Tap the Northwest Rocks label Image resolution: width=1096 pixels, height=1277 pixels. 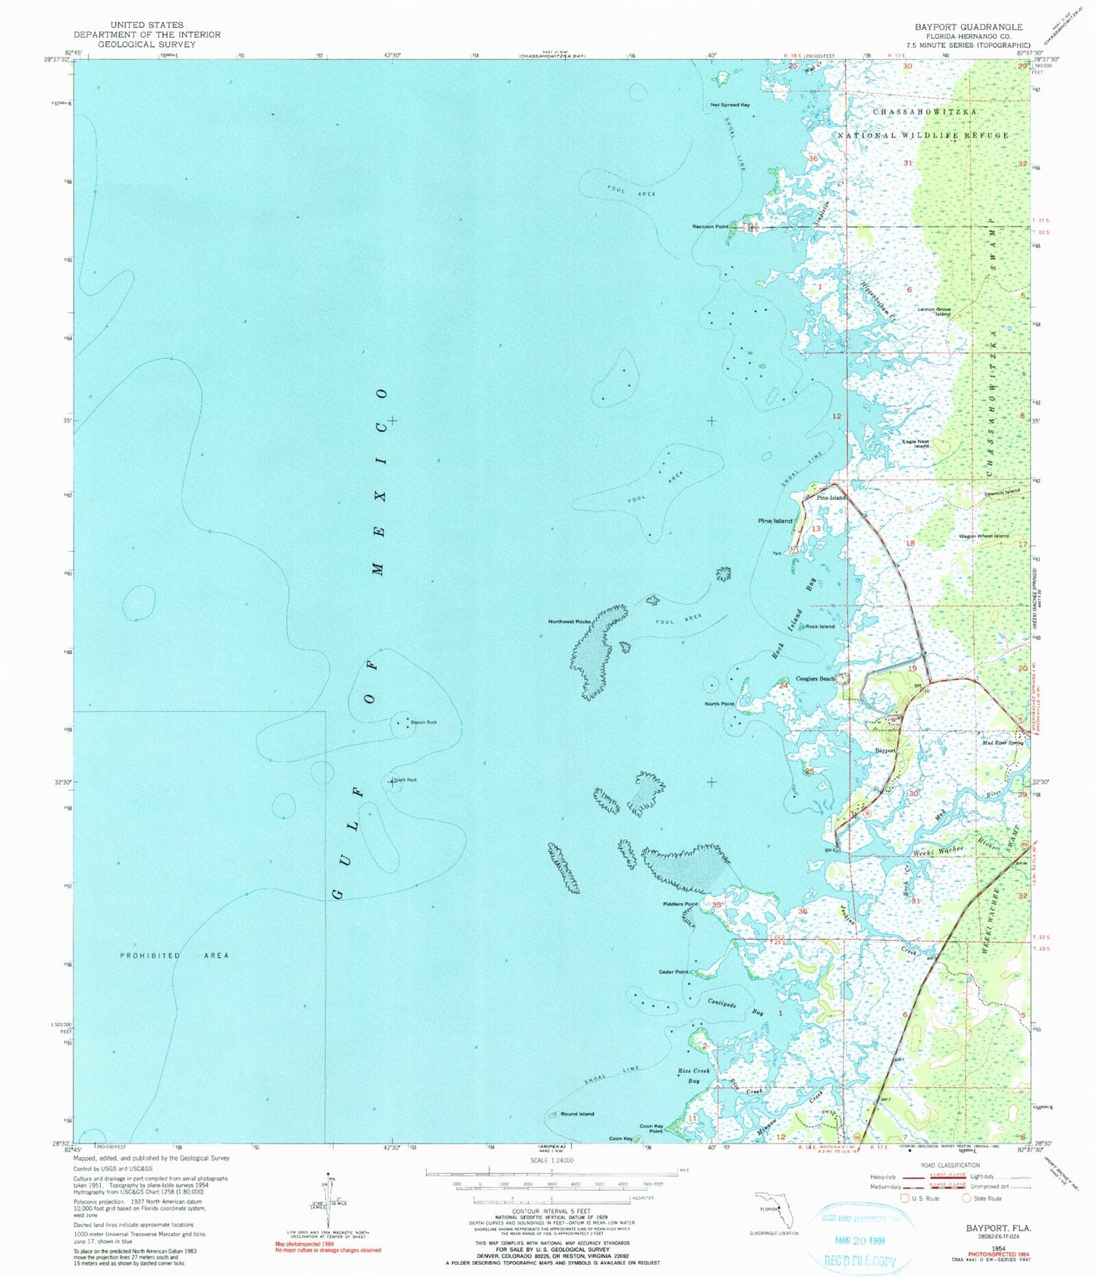tap(570, 621)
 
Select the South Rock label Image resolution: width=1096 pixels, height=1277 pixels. tap(406, 780)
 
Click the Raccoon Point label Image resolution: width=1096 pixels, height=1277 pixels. tap(710, 226)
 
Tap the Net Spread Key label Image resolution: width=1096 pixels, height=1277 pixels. tap(730, 105)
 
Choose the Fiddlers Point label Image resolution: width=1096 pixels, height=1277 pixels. tap(680, 904)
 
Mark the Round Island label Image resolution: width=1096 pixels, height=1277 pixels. tap(576, 1114)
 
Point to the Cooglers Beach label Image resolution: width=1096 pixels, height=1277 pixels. tap(815, 678)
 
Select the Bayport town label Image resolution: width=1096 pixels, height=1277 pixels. tap(886, 750)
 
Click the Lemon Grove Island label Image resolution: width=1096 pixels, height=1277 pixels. tap(934, 311)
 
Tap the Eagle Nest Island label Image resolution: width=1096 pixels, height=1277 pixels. tap(915, 444)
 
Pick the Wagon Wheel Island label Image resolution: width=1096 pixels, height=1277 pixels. tap(984, 536)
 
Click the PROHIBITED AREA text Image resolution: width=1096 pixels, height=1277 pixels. tap(174, 955)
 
